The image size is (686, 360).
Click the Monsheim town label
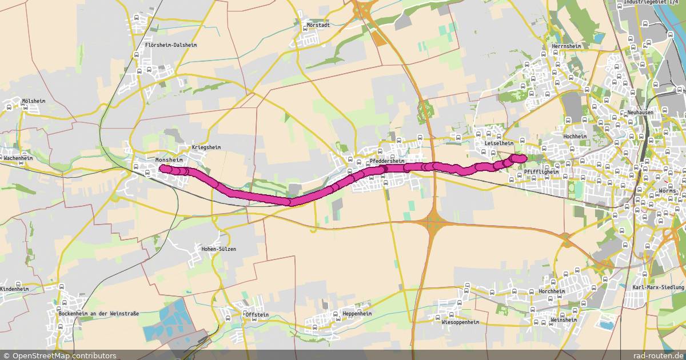169,160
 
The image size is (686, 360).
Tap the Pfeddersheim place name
387,161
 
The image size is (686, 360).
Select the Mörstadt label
319,25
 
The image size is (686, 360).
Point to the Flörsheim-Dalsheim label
171,45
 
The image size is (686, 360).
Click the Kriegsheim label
206,147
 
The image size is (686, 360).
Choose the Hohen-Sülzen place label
219,249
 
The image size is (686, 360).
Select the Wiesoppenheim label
460,322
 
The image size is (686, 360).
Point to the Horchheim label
552,291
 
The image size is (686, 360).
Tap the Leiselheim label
498,143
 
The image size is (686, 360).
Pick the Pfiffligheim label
541,171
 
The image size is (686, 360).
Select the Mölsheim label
33,101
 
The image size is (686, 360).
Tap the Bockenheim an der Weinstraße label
98,313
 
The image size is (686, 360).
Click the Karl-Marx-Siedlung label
658,287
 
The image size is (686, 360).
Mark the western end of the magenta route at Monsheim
162,169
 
